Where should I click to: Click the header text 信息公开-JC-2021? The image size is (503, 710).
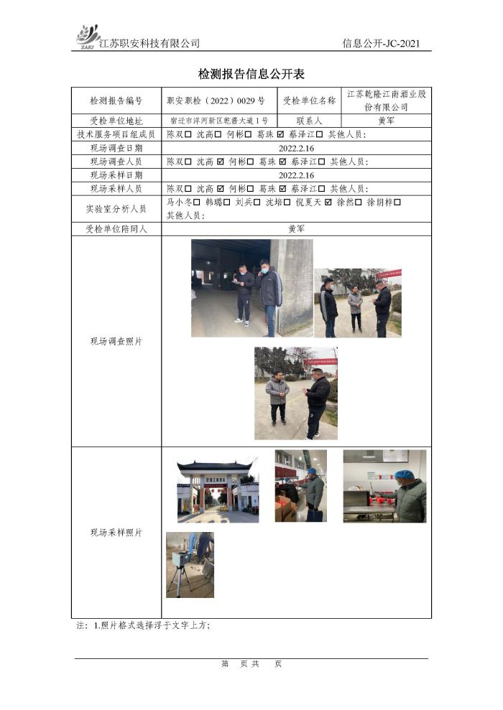[381, 44]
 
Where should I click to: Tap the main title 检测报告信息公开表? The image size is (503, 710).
[251, 74]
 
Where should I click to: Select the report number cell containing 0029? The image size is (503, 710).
[216, 101]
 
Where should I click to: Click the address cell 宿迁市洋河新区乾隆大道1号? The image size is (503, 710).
[219, 121]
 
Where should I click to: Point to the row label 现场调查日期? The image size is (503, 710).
[116, 148]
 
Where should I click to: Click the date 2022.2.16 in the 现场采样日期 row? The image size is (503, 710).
[296, 175]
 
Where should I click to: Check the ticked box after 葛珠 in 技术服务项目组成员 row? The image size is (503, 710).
[280, 134]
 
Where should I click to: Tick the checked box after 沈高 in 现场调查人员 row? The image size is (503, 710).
[220, 162]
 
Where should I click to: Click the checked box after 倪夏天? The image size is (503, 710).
[328, 202]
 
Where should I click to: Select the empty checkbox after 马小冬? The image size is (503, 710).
[197, 202]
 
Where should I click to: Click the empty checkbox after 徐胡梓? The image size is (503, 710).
[397, 202]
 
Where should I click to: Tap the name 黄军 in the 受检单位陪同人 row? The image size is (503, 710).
[296, 229]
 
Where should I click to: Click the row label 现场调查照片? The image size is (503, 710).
[116, 342]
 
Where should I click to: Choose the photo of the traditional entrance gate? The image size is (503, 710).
[218, 491]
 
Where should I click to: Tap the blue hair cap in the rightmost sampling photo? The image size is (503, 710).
[402, 475]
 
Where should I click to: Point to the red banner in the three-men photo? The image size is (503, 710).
[388, 274]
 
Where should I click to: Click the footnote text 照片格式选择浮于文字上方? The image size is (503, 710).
[152, 625]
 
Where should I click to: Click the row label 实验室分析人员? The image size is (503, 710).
[116, 209]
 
